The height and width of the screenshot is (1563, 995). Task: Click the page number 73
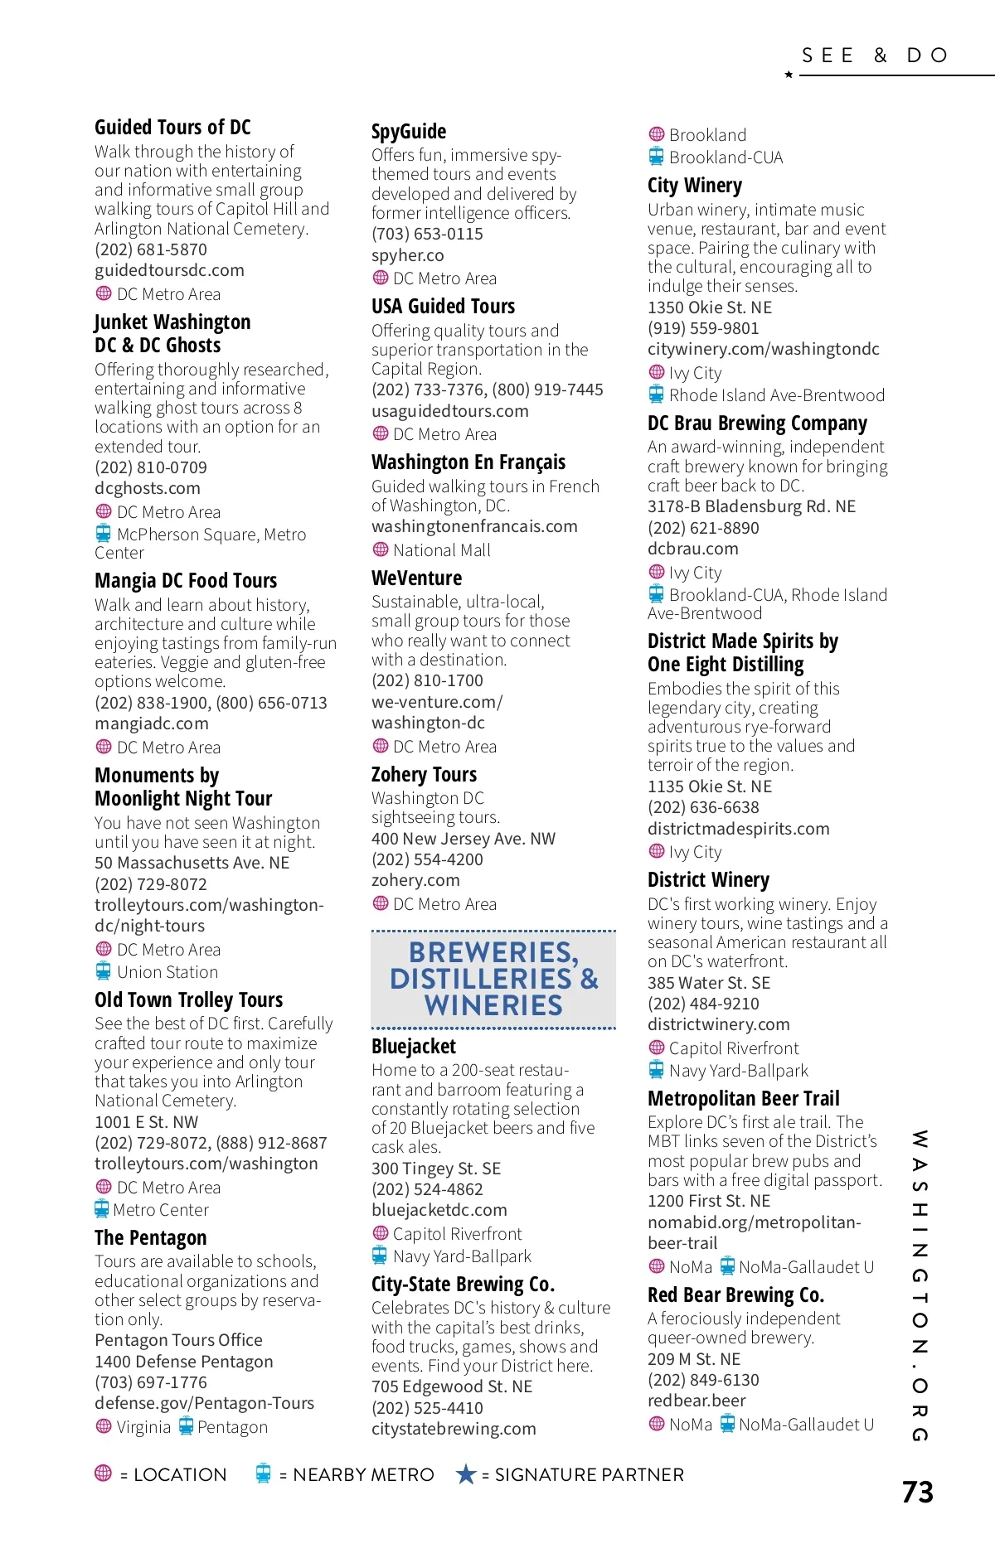coord(917,1492)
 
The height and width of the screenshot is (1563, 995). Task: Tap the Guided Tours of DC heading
coord(172,128)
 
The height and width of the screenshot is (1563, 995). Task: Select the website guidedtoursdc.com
coord(169,270)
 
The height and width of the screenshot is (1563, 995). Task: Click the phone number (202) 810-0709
coord(151,467)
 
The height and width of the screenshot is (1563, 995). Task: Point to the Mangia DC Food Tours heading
coord(186,581)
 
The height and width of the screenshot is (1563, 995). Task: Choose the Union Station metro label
coord(167,972)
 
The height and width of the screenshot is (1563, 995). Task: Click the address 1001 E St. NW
coord(147,1122)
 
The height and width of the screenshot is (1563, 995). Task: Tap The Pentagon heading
coord(150,1238)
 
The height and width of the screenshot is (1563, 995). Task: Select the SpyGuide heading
coord(409,132)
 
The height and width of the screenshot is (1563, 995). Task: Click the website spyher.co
coord(407,255)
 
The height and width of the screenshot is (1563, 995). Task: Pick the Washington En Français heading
coord(468,462)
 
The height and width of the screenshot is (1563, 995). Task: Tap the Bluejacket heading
coord(414,1047)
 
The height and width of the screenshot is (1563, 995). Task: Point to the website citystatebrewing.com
coord(454,1429)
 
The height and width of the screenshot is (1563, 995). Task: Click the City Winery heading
coord(695,186)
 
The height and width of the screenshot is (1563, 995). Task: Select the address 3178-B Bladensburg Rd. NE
coord(751,506)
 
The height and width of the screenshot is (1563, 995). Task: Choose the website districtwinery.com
coord(719,1024)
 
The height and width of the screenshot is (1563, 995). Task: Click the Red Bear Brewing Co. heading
coord(735,1295)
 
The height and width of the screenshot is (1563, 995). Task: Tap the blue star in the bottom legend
coord(466,1474)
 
